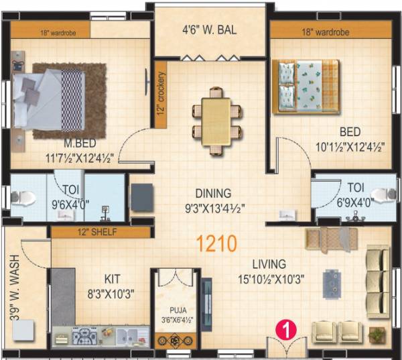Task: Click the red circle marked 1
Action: pyautogui.click(x=286, y=329)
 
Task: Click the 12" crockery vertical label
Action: pyautogui.click(x=161, y=91)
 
